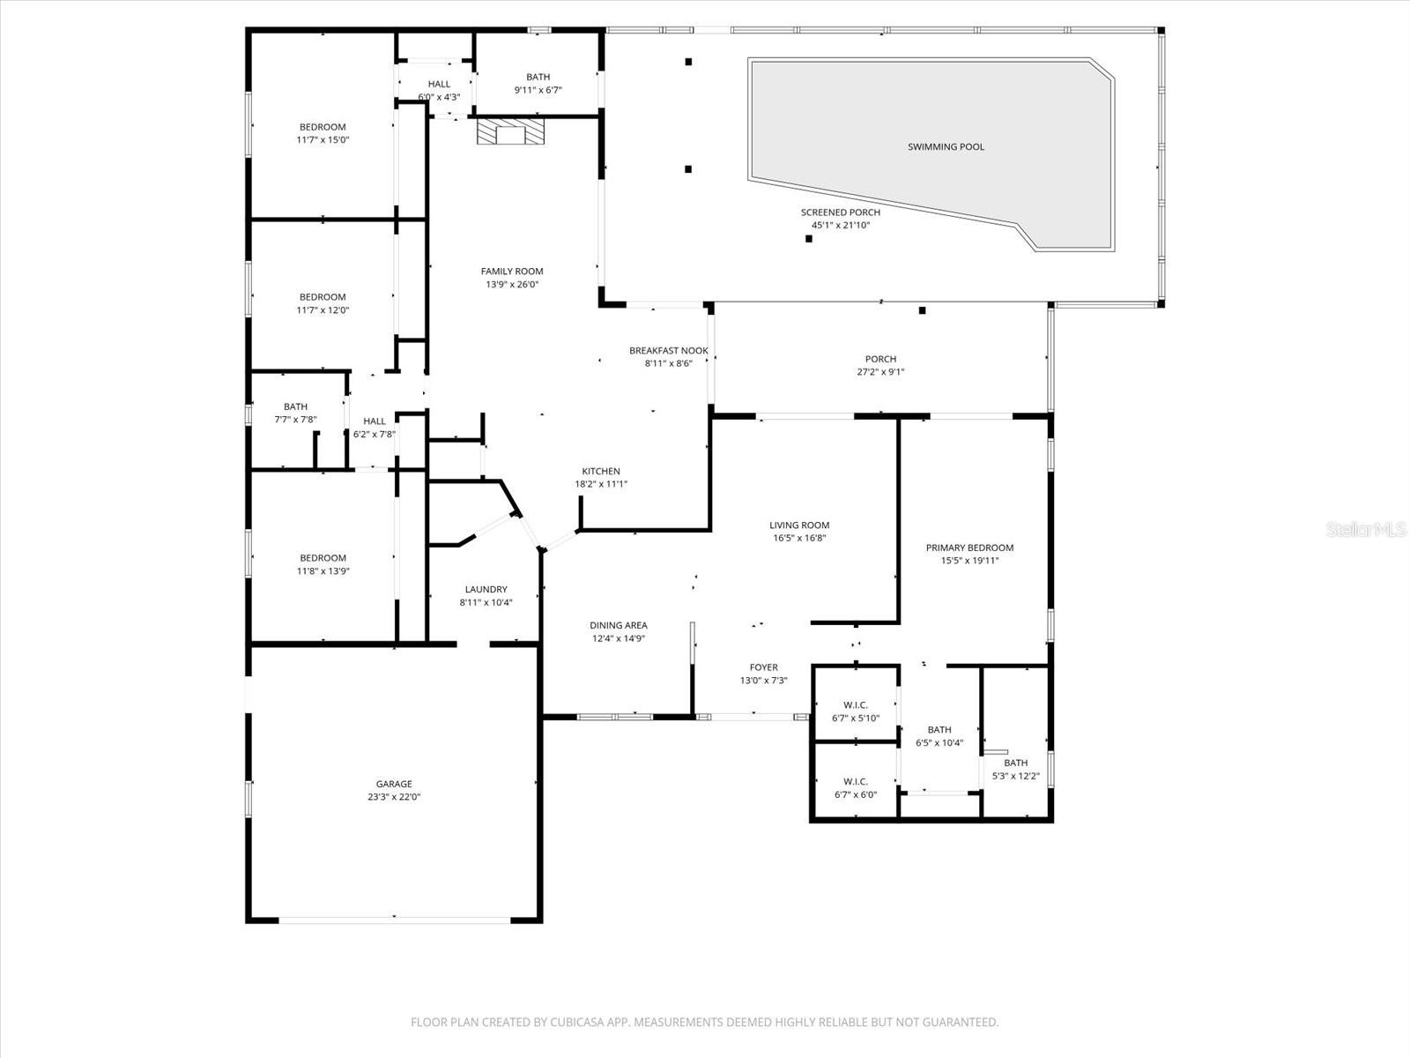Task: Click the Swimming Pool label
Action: pyautogui.click(x=946, y=146)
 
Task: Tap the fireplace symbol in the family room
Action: pyautogui.click(x=510, y=132)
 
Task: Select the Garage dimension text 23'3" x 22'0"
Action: pyautogui.click(x=394, y=797)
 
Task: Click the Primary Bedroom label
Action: pyautogui.click(x=969, y=548)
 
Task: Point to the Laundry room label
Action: pyautogui.click(x=486, y=589)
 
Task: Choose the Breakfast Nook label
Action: pyautogui.click(x=668, y=350)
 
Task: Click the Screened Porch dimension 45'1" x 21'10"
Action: pyautogui.click(x=841, y=225)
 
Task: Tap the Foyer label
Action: pyautogui.click(x=763, y=667)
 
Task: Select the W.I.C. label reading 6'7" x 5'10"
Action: pyautogui.click(x=855, y=704)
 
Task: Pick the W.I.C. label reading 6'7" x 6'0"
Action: pyautogui.click(x=855, y=781)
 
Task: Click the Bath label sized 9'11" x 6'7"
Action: pyautogui.click(x=538, y=77)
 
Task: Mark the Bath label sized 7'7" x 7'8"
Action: pyautogui.click(x=295, y=406)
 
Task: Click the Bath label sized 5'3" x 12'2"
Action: pyautogui.click(x=1015, y=763)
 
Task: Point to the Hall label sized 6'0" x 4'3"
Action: pyautogui.click(x=439, y=84)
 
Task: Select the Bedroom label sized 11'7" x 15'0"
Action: pyautogui.click(x=323, y=127)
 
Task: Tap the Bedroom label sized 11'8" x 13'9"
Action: pyautogui.click(x=323, y=557)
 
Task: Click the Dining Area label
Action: pyautogui.click(x=619, y=625)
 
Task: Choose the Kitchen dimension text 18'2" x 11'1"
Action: pyautogui.click(x=601, y=484)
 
